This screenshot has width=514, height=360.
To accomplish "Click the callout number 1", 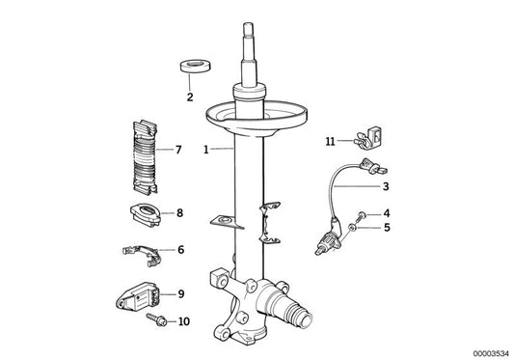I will point(206,150).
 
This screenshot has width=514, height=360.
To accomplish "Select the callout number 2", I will point(189,97).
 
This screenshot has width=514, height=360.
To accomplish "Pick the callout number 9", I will point(180,291).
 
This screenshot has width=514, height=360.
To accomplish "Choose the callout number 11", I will point(329,141).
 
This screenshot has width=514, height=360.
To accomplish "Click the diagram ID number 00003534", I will point(484,351).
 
